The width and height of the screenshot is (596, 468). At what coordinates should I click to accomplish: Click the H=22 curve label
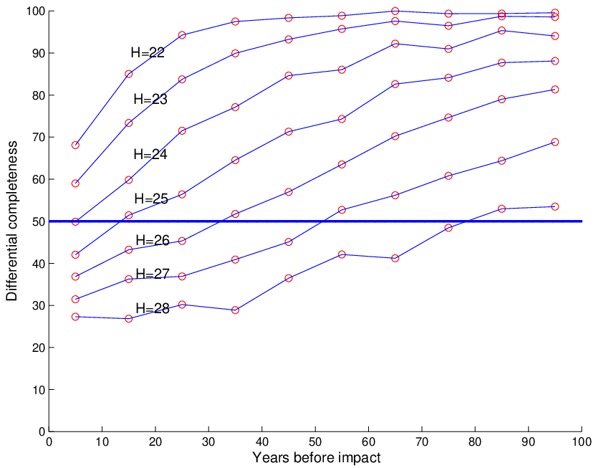click(x=148, y=52)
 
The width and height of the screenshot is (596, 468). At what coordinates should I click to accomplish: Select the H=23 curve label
click(x=150, y=99)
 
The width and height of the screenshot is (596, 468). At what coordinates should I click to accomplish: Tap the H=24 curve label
click(x=150, y=154)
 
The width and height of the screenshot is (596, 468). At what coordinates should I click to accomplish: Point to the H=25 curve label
click(x=151, y=199)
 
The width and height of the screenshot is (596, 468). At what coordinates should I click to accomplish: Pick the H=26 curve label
click(x=153, y=240)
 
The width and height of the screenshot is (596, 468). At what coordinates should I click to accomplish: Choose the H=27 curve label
click(x=153, y=274)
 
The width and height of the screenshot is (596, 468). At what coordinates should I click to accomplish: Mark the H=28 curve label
click(x=153, y=308)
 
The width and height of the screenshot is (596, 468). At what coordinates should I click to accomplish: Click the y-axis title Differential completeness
click(x=11, y=221)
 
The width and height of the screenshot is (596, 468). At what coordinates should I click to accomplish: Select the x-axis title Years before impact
click(x=316, y=457)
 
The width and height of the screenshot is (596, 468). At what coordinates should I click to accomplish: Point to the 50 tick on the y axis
click(x=39, y=221)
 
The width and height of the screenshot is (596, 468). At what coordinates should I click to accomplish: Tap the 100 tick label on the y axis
click(x=36, y=11)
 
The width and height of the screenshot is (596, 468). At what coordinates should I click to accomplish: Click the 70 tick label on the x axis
click(x=422, y=441)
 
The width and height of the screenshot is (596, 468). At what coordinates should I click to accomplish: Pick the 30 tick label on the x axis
click(x=208, y=441)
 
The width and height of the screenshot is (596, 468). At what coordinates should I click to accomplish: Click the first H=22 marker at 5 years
click(x=75, y=145)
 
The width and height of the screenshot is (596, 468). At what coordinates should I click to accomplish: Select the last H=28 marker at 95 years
click(x=554, y=206)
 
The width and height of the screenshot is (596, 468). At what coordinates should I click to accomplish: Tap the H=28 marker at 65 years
click(x=395, y=258)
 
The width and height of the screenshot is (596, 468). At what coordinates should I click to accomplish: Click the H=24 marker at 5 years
click(x=75, y=221)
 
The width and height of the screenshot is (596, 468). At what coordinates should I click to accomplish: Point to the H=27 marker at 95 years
click(x=554, y=142)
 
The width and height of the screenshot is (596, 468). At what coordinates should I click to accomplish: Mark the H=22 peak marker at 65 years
click(x=395, y=11)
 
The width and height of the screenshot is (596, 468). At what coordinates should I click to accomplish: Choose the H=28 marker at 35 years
click(x=235, y=310)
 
